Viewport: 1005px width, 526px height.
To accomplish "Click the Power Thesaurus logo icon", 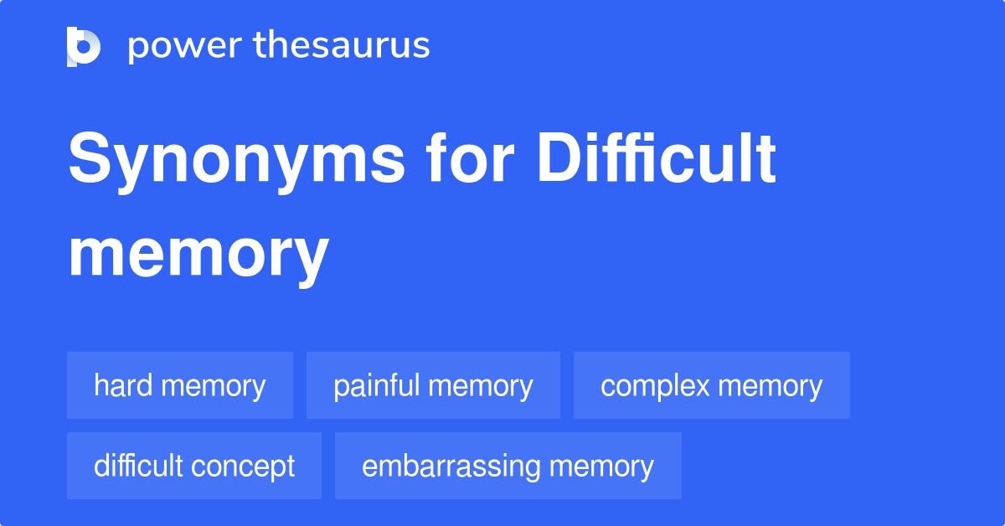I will pyautogui.click(x=84, y=46).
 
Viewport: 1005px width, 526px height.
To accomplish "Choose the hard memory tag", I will pyautogui.click(x=179, y=386).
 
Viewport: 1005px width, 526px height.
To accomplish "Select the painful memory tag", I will pyautogui.click(x=433, y=386).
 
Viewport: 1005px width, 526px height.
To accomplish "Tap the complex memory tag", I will pyautogui.click(x=711, y=386).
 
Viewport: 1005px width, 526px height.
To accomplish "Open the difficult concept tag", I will pyautogui.click(x=194, y=466).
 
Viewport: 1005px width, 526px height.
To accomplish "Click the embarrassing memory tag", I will pyautogui.click(x=508, y=466).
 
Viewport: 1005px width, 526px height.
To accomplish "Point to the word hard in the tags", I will pyautogui.click(x=123, y=386).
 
